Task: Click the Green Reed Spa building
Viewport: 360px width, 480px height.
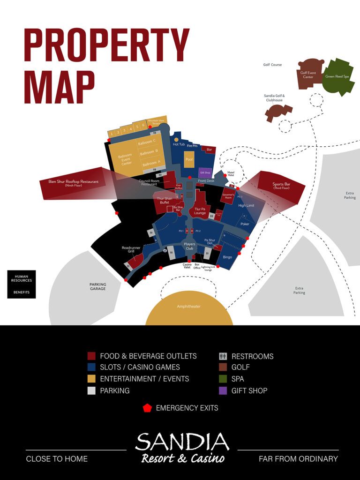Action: pyautogui.click(x=337, y=76)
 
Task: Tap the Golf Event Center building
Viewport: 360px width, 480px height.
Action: pyautogui.click(x=308, y=75)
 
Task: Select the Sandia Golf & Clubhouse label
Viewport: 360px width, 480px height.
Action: pyautogui.click(x=274, y=97)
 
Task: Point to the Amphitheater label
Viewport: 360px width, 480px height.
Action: pyautogui.click(x=189, y=307)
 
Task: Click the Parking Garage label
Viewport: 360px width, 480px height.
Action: pyautogui.click(x=97, y=286)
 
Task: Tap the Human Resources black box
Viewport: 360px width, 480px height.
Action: pyautogui.click(x=22, y=278)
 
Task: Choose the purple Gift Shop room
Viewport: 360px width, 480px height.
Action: pyautogui.click(x=205, y=172)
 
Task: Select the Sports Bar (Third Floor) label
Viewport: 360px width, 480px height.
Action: pyautogui.click(x=281, y=186)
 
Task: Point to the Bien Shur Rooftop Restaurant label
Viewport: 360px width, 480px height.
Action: pyautogui.click(x=74, y=183)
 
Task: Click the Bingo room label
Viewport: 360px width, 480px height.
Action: pyautogui.click(x=228, y=257)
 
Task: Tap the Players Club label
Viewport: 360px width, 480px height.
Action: pyautogui.click(x=189, y=246)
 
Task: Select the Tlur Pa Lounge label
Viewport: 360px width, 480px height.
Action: pyautogui.click(x=200, y=211)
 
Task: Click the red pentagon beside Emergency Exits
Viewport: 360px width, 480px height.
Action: pyautogui.click(x=147, y=408)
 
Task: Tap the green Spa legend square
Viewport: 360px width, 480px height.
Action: pyautogui.click(x=223, y=379)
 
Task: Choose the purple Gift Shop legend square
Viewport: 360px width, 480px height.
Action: pyautogui.click(x=223, y=390)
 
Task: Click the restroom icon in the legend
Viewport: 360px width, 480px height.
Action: pyautogui.click(x=223, y=356)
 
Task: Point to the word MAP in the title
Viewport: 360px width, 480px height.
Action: pyautogui.click(x=59, y=88)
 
